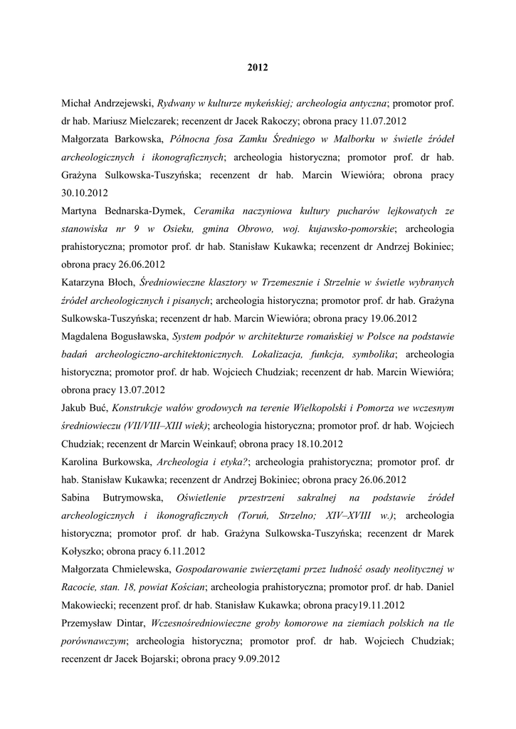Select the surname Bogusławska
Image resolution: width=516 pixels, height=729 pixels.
coord(142,336)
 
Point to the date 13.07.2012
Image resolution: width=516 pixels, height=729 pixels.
coord(142,389)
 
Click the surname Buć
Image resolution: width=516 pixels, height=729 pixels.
coord(98,408)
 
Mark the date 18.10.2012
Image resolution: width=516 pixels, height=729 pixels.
coord(320,444)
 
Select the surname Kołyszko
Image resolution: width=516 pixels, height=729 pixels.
coord(83,551)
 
